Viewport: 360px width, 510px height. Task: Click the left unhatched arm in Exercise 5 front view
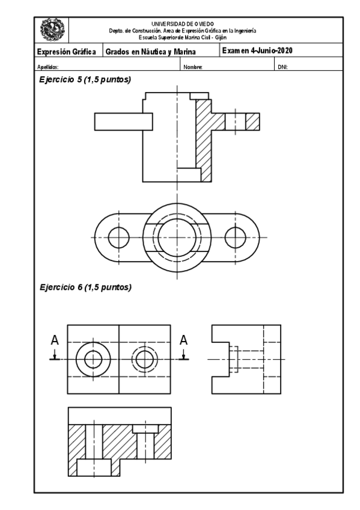coord(118,120)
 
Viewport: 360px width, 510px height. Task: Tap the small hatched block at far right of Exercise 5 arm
coord(253,121)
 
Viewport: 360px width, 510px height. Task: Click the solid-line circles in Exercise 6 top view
coord(93,359)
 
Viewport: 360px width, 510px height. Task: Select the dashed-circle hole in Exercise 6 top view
coord(145,359)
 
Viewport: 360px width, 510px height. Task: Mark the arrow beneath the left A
coord(54,355)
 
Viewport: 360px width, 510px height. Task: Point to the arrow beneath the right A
coord(184,355)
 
